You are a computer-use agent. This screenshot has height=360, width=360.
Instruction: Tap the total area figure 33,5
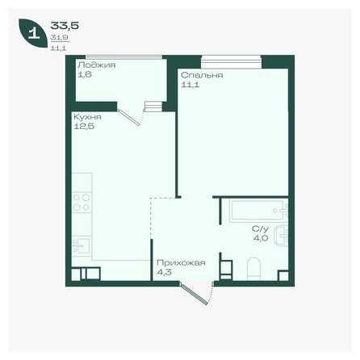click(x=60, y=24)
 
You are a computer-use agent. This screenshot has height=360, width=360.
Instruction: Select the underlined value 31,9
click(x=59, y=38)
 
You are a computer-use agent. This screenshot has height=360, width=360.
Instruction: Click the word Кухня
click(x=85, y=116)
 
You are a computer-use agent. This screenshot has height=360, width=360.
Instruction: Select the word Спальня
click(x=202, y=74)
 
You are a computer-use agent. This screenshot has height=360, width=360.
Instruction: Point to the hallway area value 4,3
click(x=164, y=272)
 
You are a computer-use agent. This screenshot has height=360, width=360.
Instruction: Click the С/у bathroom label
click(x=259, y=228)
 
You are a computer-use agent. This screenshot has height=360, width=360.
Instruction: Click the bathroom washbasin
click(x=280, y=237)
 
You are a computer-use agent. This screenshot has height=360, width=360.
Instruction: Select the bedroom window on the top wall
click(x=232, y=59)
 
